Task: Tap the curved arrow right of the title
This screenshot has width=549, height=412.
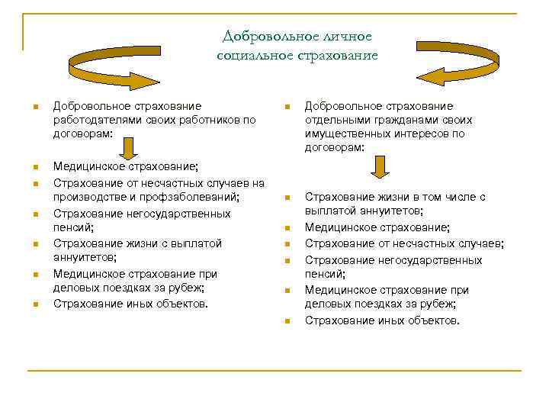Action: click(x=457, y=64)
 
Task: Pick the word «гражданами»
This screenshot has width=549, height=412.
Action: click(x=405, y=120)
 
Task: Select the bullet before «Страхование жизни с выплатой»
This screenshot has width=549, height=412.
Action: click(x=35, y=244)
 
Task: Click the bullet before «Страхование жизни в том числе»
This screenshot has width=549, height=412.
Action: click(x=287, y=198)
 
